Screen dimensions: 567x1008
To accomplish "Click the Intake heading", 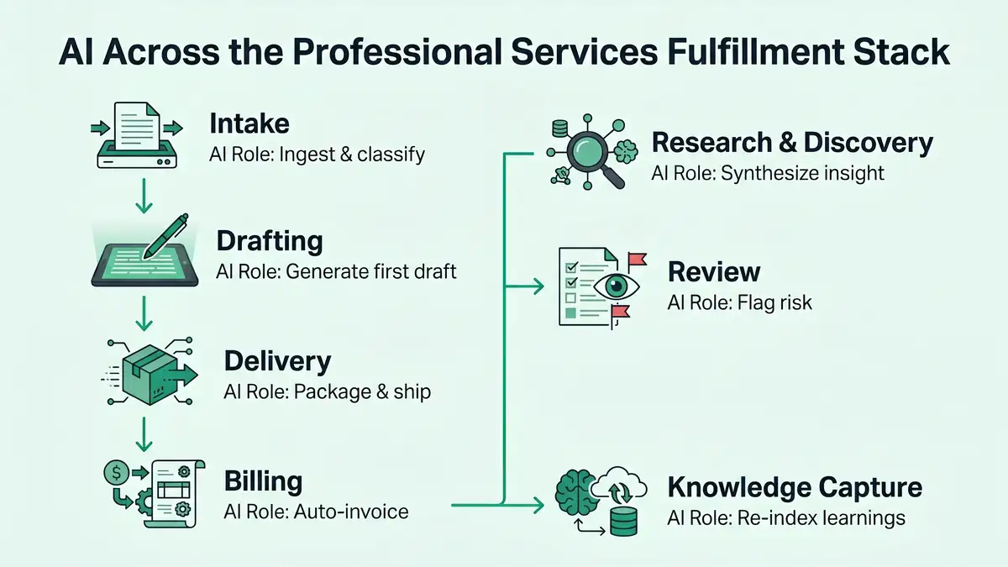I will coord(249,124).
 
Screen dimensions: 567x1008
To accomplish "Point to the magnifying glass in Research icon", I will coord(584,154).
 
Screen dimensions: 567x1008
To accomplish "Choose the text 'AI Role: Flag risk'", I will coord(740,302).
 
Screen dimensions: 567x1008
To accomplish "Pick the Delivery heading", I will coord(277,361).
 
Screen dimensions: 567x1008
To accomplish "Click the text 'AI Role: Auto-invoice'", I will coord(317,511).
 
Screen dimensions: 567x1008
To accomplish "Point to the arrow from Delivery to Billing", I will coord(143,433).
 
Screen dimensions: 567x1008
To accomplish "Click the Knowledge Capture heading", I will coord(795,487).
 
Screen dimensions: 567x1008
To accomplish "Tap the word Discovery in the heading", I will coord(868,143).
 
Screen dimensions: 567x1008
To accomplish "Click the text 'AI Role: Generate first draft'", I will coord(336,271).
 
